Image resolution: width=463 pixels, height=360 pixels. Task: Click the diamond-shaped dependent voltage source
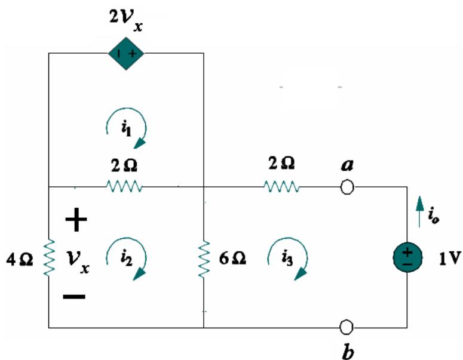point(126,54)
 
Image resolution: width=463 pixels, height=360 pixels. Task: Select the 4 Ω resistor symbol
point(48,259)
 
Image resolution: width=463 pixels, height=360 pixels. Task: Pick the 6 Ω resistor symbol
point(204,259)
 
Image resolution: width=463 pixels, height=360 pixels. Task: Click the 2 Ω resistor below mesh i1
point(124,187)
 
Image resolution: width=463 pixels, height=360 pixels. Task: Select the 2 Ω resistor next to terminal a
point(281,187)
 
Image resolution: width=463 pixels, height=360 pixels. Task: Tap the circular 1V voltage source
point(407,259)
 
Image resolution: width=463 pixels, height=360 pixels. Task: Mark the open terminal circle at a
point(347,187)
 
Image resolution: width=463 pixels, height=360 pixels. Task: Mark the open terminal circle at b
point(347,327)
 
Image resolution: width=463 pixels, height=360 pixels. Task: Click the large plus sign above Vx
point(76,221)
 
